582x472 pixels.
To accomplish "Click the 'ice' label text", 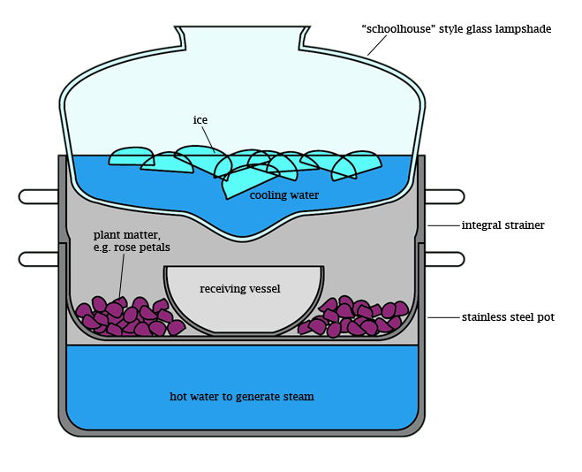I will [200, 119].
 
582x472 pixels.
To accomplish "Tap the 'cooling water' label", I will [283, 194].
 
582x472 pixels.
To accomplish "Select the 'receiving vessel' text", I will [239, 288].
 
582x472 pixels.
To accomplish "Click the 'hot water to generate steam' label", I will [241, 396].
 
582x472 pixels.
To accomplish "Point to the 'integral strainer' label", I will [503, 225].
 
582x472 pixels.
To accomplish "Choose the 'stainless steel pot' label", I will [508, 316].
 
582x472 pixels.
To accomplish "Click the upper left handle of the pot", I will [38, 196].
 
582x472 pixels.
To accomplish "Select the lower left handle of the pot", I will [38, 259].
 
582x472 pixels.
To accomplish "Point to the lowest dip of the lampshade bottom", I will [241, 233].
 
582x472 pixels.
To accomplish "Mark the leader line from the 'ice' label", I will [208, 136].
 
